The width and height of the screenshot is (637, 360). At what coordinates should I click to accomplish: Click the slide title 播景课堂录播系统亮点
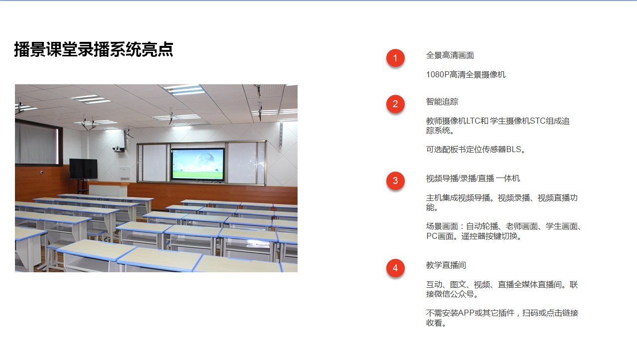coord(94,49)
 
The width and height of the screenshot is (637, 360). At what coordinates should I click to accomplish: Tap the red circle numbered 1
coord(395,58)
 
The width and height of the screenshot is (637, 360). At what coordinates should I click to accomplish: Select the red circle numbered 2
coord(395,104)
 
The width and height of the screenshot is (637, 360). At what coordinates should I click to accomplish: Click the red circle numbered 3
coord(395,180)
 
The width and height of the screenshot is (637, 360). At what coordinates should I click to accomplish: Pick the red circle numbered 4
coord(395,268)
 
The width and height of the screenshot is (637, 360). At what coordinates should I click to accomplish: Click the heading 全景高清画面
coord(450,55)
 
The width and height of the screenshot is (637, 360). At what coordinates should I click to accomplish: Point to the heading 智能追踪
coord(442,102)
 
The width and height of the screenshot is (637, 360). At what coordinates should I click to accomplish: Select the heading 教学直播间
coord(446,265)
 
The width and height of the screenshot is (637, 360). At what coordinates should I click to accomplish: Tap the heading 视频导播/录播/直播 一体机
coord(473,179)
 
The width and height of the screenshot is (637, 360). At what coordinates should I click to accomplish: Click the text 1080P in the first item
coord(437,75)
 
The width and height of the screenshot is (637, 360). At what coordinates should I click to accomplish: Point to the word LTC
coord(473,121)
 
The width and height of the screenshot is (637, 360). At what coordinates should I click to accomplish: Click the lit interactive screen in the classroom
coord(198,164)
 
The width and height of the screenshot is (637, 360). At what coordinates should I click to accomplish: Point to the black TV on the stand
coord(83,169)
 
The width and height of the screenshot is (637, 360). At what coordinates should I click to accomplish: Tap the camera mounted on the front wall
coord(118,149)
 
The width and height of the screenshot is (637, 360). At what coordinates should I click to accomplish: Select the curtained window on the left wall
coord(39,143)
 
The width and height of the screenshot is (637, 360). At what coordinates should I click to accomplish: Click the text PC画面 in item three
coord(440,236)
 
